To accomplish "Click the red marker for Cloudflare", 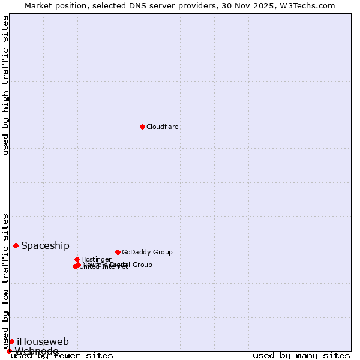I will point(142,127).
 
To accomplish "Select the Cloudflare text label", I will point(163,127).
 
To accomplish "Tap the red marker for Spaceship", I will point(16,245).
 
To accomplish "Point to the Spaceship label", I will point(45,245).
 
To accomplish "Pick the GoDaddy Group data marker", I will point(118,252).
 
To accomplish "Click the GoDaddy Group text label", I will point(147,252).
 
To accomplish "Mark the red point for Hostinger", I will point(77,259).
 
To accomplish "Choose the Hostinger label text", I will point(96,259).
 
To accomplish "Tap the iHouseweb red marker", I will point(11,341).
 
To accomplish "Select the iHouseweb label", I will point(43,341).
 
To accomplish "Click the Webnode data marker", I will point(9,351).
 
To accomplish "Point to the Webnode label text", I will point(37,351).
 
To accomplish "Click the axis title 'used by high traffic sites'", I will point(6,85).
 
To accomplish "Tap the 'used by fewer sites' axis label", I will point(62,356).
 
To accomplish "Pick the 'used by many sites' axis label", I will point(301,356).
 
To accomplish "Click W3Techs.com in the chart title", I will point(309,5).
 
